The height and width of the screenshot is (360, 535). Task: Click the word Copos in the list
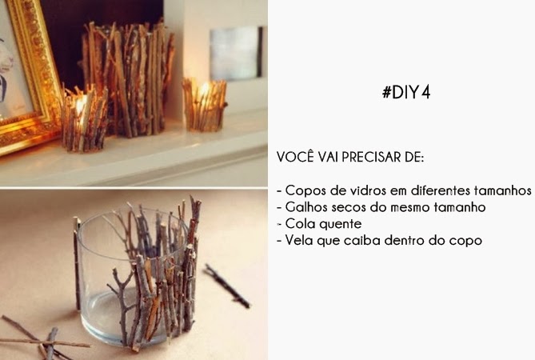(x=303, y=191)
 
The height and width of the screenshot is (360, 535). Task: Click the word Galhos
(x=305, y=207)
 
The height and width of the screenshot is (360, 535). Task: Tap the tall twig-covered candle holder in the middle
(x=128, y=76)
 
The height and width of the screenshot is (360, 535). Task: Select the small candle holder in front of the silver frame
(x=204, y=104)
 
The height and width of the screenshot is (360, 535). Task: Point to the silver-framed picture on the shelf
(x=237, y=53)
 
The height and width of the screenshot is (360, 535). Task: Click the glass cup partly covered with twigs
(x=136, y=276)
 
